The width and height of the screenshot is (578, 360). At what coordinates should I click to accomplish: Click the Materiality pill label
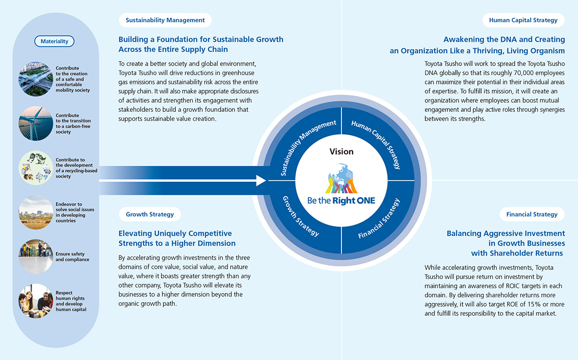(54, 41)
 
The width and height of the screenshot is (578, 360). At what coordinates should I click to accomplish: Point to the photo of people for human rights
(36, 301)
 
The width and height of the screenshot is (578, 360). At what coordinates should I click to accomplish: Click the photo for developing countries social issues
(36, 213)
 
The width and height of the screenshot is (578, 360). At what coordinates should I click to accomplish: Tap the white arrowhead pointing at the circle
(262, 181)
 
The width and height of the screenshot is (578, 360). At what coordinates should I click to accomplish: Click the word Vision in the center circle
(341, 151)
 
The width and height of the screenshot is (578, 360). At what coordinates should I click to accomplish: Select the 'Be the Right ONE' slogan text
(341, 200)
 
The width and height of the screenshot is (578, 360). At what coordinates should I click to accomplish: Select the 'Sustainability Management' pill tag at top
(165, 20)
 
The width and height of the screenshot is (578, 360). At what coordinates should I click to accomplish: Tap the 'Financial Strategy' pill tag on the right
(532, 214)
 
